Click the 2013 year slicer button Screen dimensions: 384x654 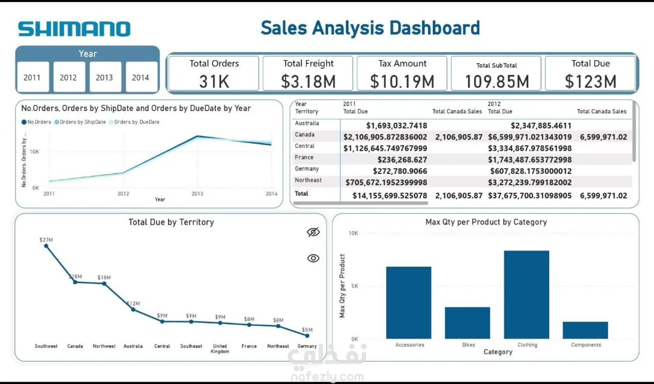tap(104, 77)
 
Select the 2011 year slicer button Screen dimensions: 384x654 tap(32, 77)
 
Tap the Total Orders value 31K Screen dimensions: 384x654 tap(214, 82)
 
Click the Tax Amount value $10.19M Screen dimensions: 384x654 tap(402, 82)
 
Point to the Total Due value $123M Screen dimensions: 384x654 tap(590, 82)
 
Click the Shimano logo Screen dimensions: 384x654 tap(74, 29)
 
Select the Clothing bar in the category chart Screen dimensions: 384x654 tap(526, 295)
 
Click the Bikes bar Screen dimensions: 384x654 tap(467, 323)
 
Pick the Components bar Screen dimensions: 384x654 tap(585, 330)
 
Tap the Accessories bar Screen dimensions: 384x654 tap(409, 302)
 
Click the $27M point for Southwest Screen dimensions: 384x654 tap(46, 246)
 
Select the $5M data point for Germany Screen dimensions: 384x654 tap(307, 336)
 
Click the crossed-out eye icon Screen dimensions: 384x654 tap(313, 232)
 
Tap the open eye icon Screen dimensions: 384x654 tap(313, 258)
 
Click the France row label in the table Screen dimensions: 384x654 tap(304, 158)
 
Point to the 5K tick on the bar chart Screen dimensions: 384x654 tap(354, 286)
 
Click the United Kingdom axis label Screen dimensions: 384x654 tap(220, 348)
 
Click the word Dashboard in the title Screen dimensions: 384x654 tap(434, 28)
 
